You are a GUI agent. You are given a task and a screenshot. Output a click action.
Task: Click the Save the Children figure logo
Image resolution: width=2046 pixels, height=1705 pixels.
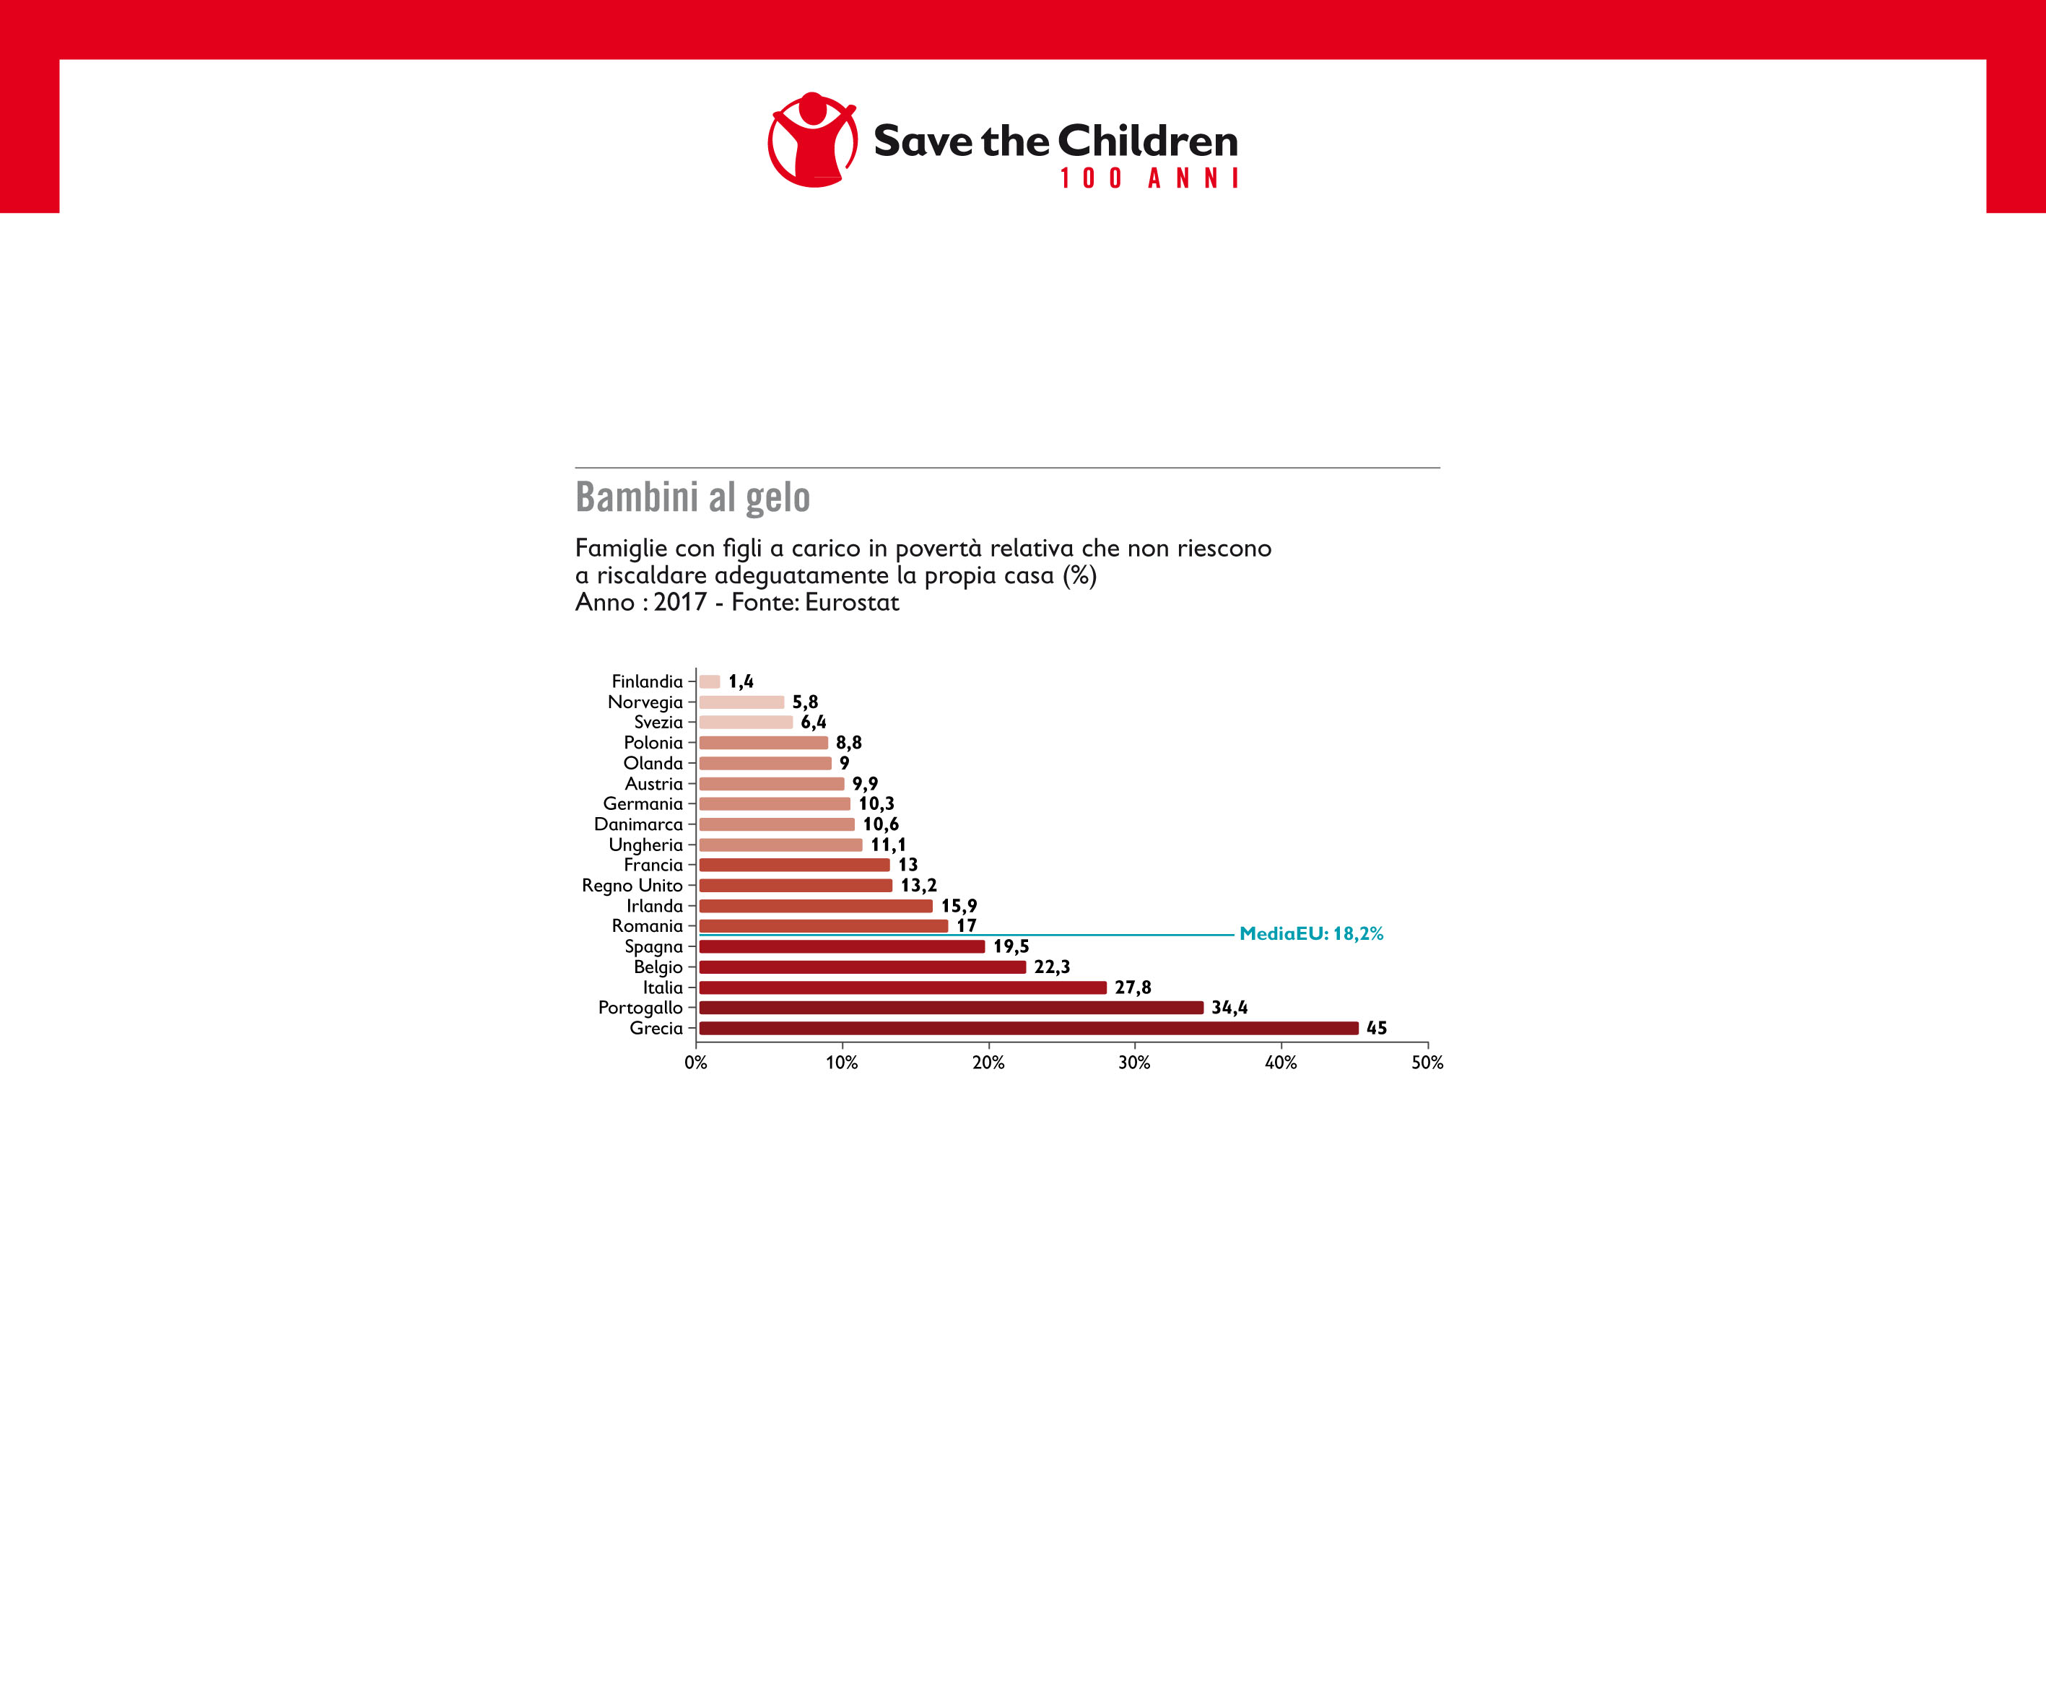click(x=813, y=140)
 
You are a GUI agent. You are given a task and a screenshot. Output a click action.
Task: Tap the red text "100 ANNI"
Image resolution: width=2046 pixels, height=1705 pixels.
click(x=1149, y=179)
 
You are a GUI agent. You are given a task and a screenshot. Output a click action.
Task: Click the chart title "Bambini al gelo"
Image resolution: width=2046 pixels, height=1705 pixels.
click(x=693, y=497)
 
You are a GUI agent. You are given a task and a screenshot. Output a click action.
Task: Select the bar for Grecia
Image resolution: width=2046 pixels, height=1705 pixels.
click(x=1028, y=1028)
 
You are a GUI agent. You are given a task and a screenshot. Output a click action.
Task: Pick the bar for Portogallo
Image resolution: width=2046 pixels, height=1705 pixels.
click(x=951, y=1008)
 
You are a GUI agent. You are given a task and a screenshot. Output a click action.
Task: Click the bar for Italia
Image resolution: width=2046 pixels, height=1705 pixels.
click(x=902, y=987)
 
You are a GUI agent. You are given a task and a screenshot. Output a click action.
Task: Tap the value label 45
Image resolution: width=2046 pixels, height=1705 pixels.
click(x=1376, y=1028)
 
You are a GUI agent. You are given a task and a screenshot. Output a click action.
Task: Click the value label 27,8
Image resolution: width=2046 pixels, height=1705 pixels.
click(x=1132, y=987)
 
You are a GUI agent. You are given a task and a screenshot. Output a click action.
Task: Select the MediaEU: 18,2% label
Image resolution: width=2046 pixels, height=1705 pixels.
click(x=1310, y=933)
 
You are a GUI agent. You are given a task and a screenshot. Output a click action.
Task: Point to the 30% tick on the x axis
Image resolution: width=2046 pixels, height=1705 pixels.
click(x=1134, y=1062)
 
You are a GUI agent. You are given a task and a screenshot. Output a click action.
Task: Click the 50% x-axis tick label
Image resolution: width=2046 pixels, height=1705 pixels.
click(x=1427, y=1062)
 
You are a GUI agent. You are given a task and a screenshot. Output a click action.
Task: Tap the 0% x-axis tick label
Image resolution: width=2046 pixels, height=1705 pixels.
click(x=696, y=1062)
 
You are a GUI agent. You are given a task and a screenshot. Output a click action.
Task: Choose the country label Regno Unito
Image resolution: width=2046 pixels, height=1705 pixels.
click(x=632, y=886)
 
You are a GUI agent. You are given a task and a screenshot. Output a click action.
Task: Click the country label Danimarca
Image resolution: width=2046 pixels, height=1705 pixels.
click(x=638, y=824)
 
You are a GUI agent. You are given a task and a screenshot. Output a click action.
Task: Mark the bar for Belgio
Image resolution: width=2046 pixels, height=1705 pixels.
click(x=862, y=967)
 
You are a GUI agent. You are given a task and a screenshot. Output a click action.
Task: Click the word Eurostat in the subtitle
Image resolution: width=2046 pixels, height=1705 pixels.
click(x=851, y=602)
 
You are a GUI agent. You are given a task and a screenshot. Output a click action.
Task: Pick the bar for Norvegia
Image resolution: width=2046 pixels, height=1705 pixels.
click(x=741, y=702)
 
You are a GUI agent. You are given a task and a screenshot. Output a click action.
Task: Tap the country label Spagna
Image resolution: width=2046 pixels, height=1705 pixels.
click(x=654, y=946)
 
